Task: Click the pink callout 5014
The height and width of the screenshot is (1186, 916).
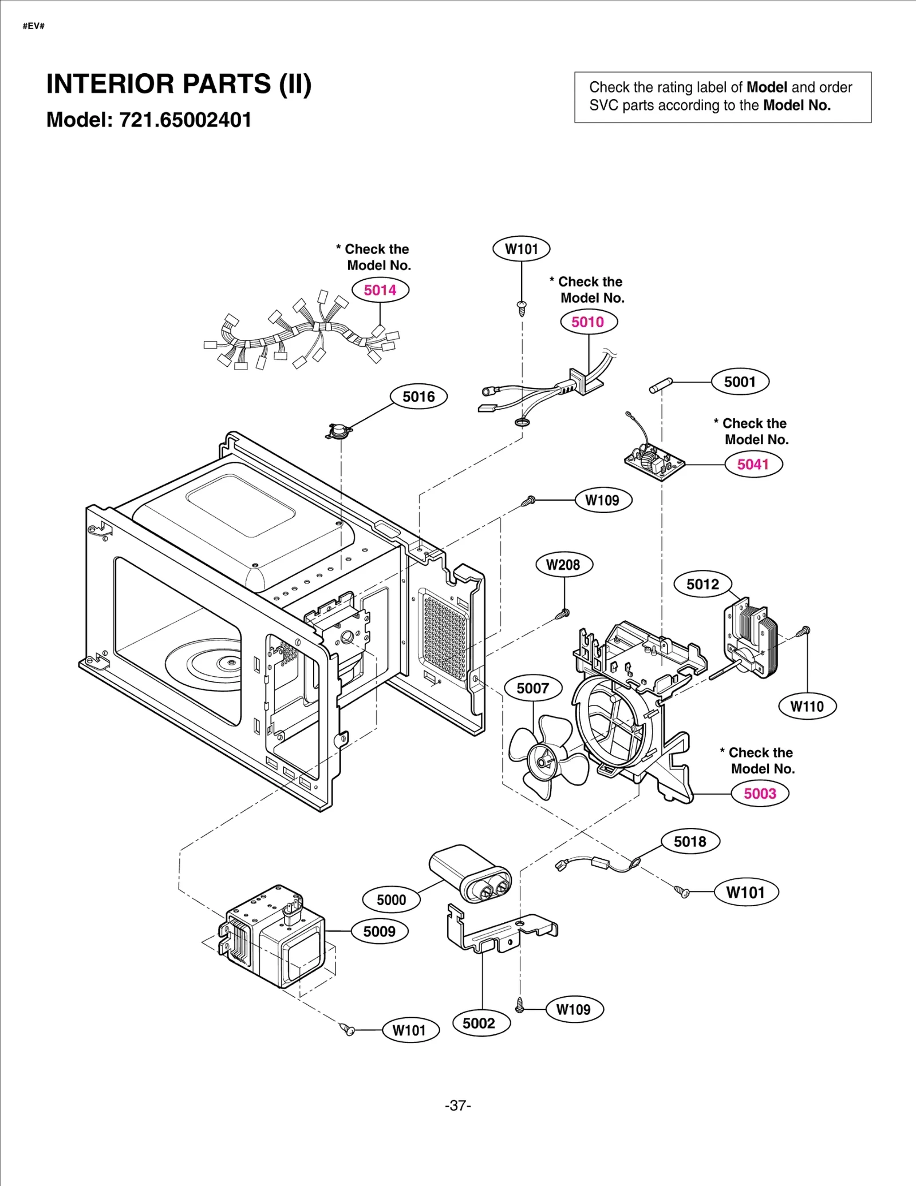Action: click(x=380, y=290)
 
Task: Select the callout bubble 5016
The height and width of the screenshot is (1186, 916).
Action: click(x=418, y=396)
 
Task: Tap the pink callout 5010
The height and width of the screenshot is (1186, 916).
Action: click(x=588, y=322)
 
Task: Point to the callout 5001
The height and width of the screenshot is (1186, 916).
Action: click(x=740, y=382)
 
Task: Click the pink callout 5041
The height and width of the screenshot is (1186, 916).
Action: click(x=753, y=464)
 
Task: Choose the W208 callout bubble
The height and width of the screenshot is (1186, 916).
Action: click(x=563, y=565)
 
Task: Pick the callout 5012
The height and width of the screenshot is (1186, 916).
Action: click(x=702, y=584)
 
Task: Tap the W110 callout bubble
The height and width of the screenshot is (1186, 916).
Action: click(x=807, y=707)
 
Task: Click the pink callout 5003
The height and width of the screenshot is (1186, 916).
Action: click(x=760, y=794)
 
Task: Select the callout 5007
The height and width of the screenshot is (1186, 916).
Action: click(x=532, y=688)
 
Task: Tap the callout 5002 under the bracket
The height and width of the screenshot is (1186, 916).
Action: click(x=479, y=1023)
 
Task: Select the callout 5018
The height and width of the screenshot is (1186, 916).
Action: click(x=690, y=842)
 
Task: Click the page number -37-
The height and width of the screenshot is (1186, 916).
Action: click(x=458, y=1105)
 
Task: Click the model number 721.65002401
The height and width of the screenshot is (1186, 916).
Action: click(x=185, y=120)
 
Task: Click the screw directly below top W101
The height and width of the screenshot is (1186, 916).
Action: click(x=522, y=308)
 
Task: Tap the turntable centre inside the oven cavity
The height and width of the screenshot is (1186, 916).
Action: click(x=230, y=662)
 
